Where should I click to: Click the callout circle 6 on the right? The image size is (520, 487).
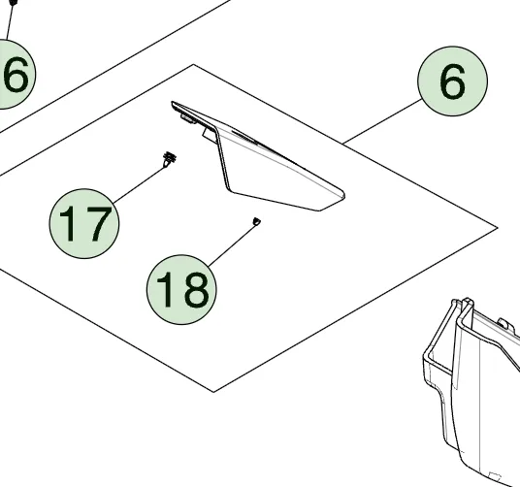click(452, 81)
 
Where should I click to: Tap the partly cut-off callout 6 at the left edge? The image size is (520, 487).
click(14, 74)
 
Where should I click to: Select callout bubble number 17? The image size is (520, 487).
click(84, 223)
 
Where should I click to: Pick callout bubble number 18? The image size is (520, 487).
click(181, 289)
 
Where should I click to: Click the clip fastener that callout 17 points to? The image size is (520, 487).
click(170, 159)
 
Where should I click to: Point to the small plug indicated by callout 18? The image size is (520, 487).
click(256, 221)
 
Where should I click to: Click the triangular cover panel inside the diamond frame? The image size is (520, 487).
click(258, 156)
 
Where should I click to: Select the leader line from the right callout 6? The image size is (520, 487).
click(382, 121)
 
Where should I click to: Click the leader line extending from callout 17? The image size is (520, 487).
click(140, 184)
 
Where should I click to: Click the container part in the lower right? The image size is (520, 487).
click(471, 391)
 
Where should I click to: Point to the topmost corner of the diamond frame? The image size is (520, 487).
click(194, 65)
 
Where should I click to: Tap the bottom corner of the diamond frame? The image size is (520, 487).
click(213, 392)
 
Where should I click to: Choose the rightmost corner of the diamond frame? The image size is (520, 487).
click(498, 227)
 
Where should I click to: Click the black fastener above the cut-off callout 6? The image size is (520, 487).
click(13, 3)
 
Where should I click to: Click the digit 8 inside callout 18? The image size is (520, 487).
click(197, 289)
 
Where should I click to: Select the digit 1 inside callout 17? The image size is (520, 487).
click(68, 224)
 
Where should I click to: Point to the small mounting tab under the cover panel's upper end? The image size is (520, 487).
click(187, 118)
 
